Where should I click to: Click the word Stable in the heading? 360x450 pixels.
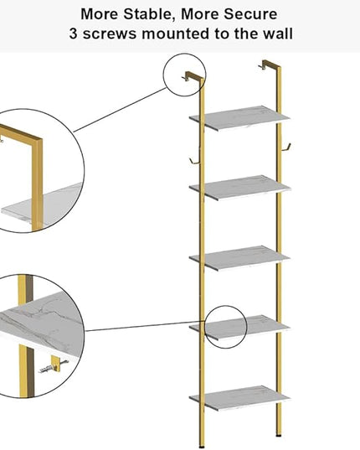click(x=148, y=14)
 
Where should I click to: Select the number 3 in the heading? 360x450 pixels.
click(x=74, y=34)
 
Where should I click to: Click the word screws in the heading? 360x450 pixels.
click(x=110, y=34)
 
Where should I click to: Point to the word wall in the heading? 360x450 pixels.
click(x=278, y=34)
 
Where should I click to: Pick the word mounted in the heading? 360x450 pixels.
click(x=176, y=34)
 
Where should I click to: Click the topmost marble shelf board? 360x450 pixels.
click(x=239, y=118)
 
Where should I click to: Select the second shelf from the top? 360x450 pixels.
click(x=240, y=188)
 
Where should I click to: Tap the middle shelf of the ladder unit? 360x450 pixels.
click(x=239, y=258)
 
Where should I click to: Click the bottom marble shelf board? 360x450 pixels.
click(x=239, y=398)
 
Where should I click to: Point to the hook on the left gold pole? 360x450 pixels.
click(x=193, y=161)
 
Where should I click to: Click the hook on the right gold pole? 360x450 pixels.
click(x=286, y=147)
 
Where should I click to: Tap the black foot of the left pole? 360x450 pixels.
click(x=202, y=447)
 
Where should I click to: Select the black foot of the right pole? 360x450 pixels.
click(x=278, y=435)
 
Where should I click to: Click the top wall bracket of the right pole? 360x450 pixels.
click(x=269, y=65)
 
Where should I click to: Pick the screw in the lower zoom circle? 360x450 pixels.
click(x=53, y=367)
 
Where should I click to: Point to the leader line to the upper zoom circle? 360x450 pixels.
click(x=120, y=111)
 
